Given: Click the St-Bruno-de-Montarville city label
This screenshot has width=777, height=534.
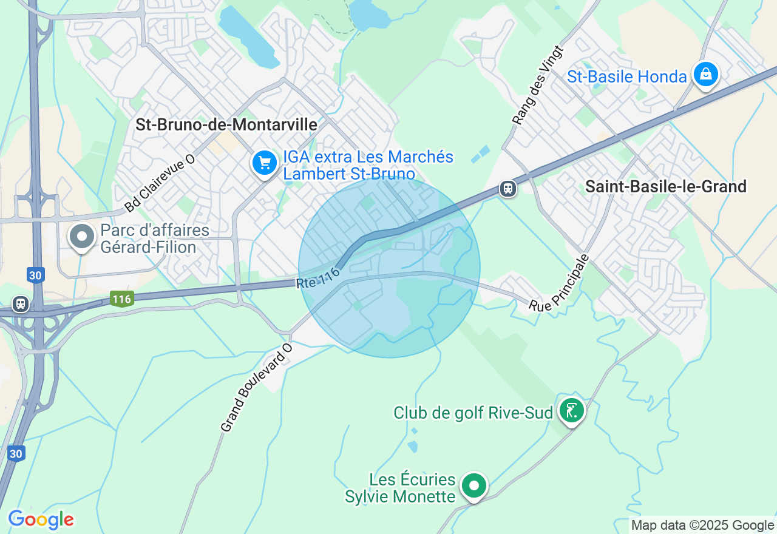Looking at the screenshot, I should coord(226,125).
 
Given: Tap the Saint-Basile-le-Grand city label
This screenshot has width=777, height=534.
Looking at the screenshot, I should coord(665,187).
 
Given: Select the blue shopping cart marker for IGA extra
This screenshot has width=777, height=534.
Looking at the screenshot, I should coord(265,163).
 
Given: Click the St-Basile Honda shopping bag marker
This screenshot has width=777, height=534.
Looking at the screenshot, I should coord(705,75).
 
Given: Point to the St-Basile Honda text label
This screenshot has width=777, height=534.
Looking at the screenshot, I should coord(626,77).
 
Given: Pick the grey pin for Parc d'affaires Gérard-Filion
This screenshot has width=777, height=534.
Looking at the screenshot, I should coord(82,237).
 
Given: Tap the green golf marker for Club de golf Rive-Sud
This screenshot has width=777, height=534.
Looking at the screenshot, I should coord(571,411).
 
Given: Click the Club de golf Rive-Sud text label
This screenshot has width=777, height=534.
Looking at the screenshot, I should coord(473,413).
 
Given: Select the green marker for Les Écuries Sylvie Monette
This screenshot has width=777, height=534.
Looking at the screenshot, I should coord(473,485).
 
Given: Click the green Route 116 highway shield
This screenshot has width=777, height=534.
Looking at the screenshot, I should coord(121,299).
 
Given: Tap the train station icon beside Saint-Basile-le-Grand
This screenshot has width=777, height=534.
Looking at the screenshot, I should coord(508,189).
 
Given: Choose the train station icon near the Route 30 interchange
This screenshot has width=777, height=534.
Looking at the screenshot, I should coord(21,303).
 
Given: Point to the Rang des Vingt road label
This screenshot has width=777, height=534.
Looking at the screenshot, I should coord(538,86).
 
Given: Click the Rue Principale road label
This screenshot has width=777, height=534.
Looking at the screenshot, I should coord(559,284).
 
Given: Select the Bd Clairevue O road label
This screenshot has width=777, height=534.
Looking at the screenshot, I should coord(160,183).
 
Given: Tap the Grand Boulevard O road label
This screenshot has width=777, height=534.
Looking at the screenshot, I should coord(256,388).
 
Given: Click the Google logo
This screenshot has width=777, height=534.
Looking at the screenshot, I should coord(41,519).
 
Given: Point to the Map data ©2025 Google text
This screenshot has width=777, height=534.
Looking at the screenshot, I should coord(702,526).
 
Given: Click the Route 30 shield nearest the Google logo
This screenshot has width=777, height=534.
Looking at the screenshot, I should coord(16,453).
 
